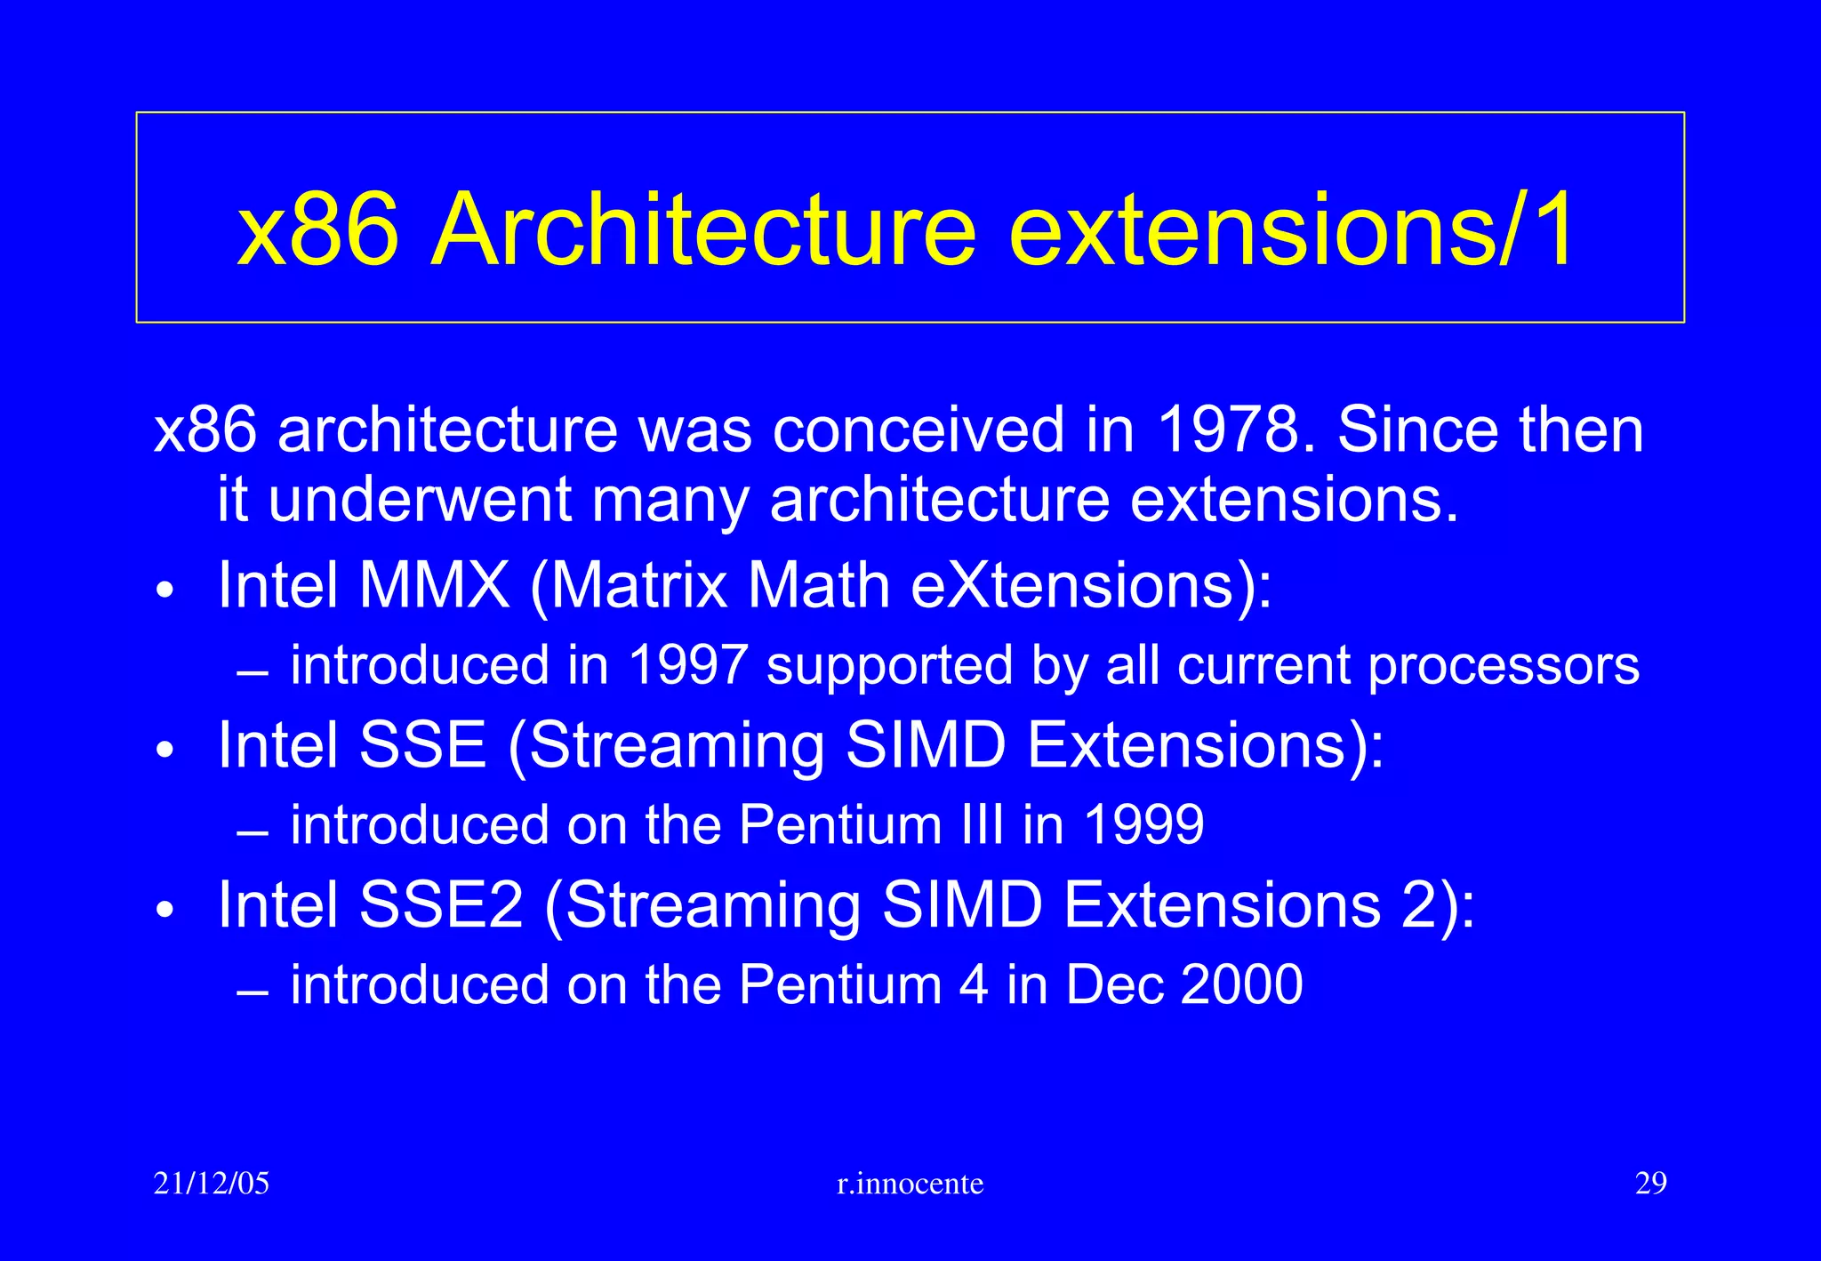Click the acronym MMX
434,585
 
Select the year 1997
686,665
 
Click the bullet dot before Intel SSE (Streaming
166,750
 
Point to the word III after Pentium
983,825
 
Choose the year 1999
1144,825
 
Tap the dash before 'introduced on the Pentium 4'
253,993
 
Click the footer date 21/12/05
212,1184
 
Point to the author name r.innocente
910,1185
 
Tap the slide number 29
1650,1184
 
